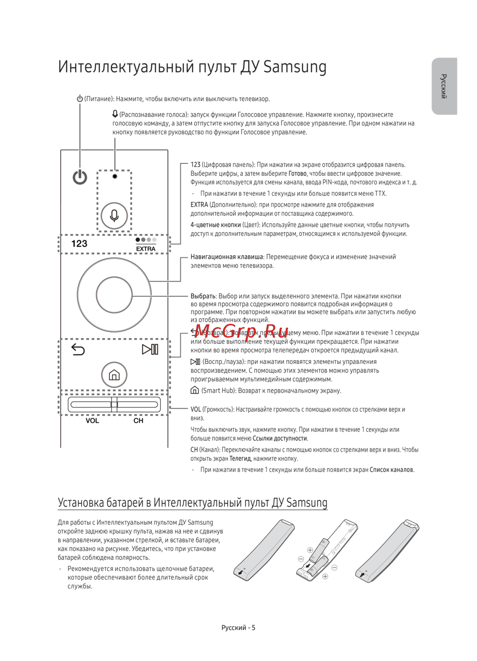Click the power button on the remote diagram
(80, 177)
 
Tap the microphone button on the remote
(114, 215)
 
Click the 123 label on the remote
(79, 244)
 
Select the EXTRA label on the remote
(145, 248)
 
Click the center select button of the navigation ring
(114, 296)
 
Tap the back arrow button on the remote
(78, 350)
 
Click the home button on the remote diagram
(114, 375)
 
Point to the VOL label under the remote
(92, 421)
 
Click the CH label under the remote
(138, 421)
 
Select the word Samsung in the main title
(295, 67)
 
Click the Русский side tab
(444, 86)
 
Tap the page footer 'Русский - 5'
(238, 628)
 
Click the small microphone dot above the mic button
(114, 176)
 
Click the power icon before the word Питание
(80, 99)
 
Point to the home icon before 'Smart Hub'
(195, 390)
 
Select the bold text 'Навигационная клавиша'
(227, 257)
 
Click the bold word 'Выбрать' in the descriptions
(203, 296)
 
